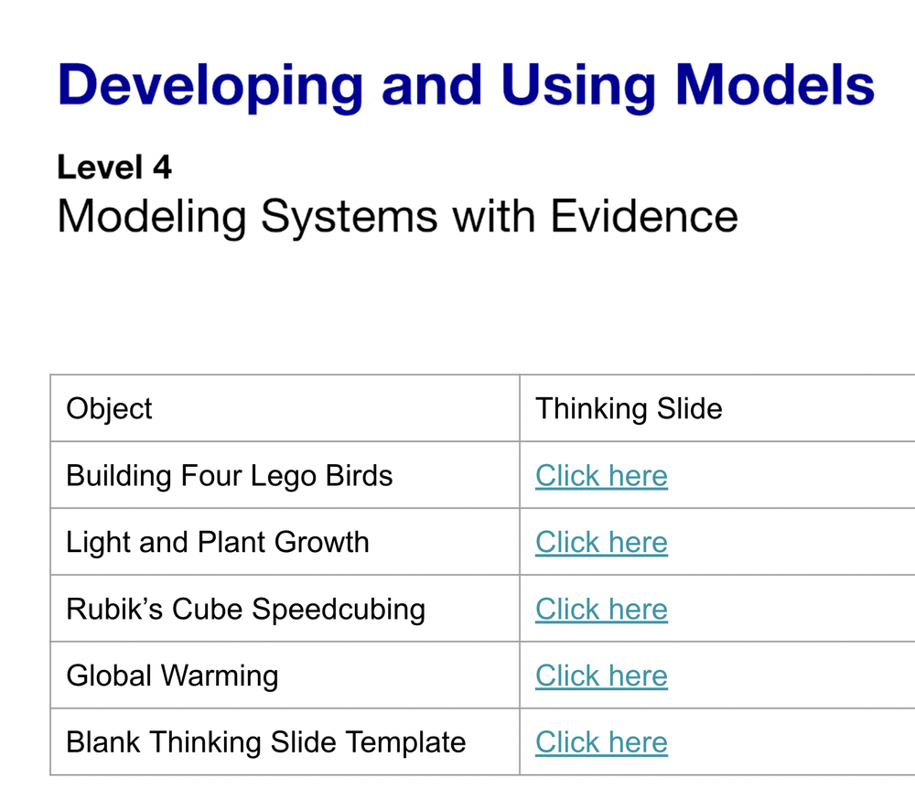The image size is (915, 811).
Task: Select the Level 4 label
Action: tap(114, 168)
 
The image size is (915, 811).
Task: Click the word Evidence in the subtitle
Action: tap(644, 217)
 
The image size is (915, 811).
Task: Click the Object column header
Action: tap(110, 408)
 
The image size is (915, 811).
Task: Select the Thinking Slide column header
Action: tap(629, 408)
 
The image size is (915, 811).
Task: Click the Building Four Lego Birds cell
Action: tap(230, 475)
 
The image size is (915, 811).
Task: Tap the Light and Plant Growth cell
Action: tap(218, 542)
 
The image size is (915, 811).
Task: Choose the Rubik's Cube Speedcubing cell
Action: tap(246, 609)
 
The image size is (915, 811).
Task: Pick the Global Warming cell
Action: tap(172, 676)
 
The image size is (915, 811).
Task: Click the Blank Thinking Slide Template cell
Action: tap(266, 742)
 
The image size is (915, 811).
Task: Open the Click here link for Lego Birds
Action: tap(601, 475)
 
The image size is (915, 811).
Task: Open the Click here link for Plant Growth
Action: tap(601, 542)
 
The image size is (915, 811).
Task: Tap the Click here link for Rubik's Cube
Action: tap(601, 609)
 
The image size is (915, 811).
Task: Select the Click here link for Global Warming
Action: tap(601, 676)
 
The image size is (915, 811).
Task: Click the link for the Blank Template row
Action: tap(601, 742)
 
